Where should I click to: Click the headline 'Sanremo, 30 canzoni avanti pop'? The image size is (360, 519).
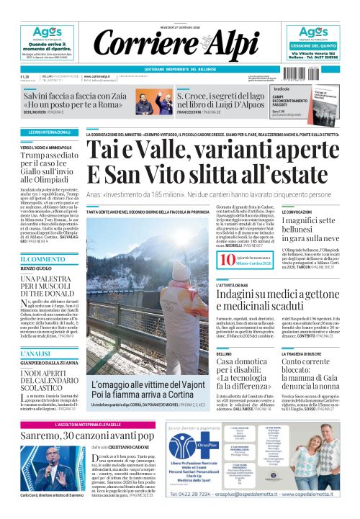86,435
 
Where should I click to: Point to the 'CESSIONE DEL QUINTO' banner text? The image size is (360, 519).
315,45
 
